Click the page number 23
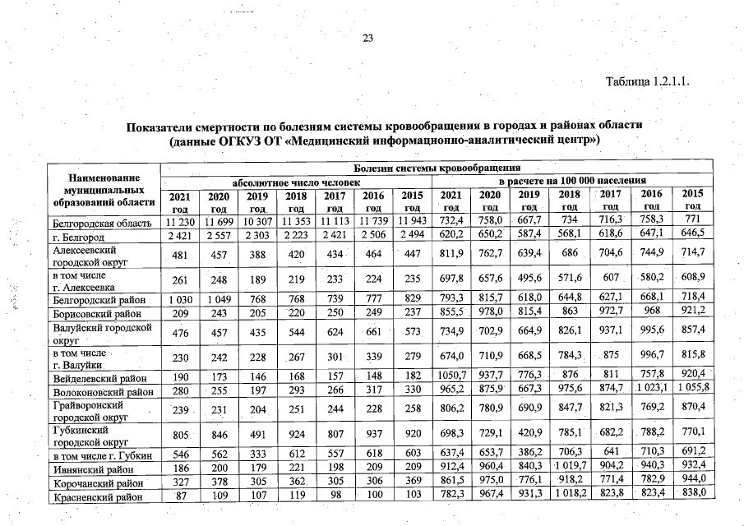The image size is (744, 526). (368, 38)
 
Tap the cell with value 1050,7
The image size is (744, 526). (451, 379)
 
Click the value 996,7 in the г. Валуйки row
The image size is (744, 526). (651, 359)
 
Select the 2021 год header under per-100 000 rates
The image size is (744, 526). (451, 201)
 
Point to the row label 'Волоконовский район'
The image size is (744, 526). (103, 392)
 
